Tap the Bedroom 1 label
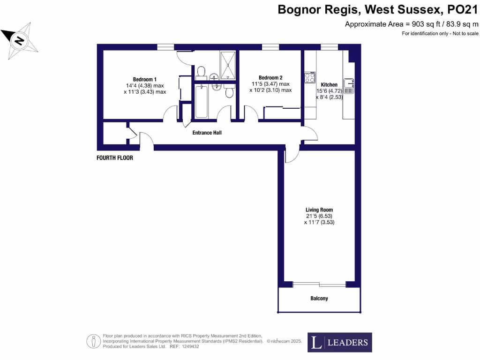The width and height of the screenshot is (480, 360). pos(144,79)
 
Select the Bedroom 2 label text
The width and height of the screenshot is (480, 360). pos(270,77)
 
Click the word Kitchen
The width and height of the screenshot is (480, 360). pos(329,84)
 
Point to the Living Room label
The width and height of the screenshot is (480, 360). pos(319,210)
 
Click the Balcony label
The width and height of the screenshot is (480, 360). pos(319,298)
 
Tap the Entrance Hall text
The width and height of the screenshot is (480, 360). pos(207,133)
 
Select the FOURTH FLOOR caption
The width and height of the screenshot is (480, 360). pos(115,158)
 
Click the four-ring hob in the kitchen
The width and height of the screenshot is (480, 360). pos(310,77)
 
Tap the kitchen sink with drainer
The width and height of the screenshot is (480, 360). pos(349,85)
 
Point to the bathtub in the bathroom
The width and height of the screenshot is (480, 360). pos(201,101)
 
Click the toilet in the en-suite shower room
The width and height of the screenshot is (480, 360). pos(201,71)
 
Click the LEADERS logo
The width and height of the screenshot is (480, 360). pos(340,342)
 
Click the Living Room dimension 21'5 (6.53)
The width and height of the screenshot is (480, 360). pos(319,216)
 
